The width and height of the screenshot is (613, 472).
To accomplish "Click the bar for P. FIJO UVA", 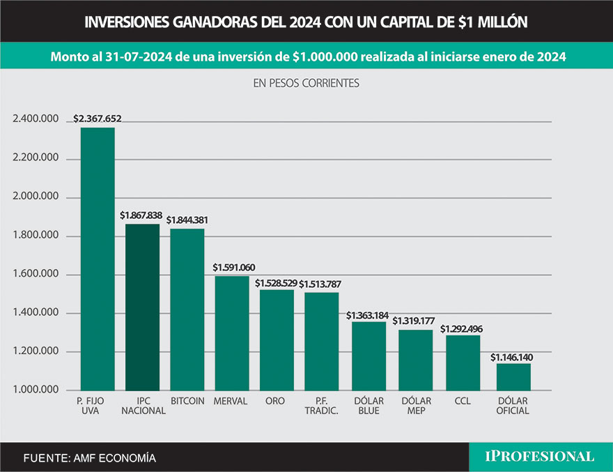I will tap(98, 258).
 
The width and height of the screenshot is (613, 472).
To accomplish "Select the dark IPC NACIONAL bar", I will tap(142, 307).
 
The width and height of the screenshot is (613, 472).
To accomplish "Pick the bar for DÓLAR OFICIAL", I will tap(513, 376).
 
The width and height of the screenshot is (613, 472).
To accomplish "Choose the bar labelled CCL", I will tap(463, 363).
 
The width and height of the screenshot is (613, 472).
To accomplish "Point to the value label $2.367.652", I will tap(98, 119).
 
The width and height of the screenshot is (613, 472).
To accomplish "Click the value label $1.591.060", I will tap(233, 267).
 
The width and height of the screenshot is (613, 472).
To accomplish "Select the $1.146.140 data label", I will tap(514, 357).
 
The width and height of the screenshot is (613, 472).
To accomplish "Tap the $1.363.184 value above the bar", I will tap(369, 315).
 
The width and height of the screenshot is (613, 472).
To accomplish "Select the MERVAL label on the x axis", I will tap(232, 401).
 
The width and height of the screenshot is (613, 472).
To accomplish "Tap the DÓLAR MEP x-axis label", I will tap(417, 406).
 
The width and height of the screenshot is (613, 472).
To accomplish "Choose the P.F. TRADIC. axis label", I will tap(322, 406).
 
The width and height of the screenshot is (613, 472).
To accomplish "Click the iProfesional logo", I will tap(540, 457).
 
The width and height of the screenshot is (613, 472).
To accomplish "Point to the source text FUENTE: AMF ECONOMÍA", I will tap(90, 458).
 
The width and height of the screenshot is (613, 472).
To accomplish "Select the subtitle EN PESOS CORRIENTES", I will tap(306, 82).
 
